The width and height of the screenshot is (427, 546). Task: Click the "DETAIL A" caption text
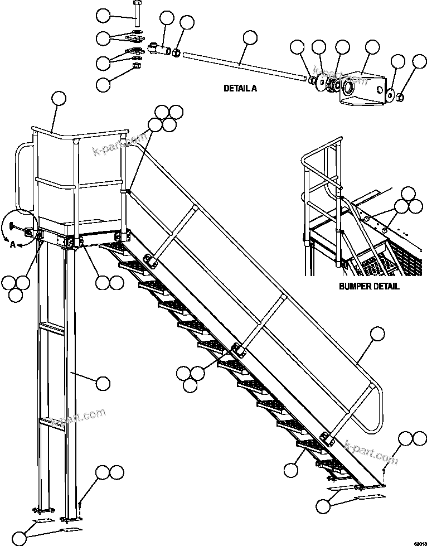click(x=241, y=88)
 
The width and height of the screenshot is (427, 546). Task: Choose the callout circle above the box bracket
click(x=372, y=49)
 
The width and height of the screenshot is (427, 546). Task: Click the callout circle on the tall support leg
click(x=102, y=383)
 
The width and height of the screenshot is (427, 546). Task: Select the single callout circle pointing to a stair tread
click(x=290, y=470)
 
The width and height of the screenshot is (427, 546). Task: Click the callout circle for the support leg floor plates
click(x=20, y=538)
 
